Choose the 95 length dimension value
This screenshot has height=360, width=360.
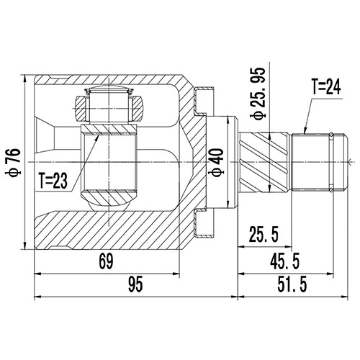point(133,287)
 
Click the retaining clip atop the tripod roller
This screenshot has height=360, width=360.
point(107,91)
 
